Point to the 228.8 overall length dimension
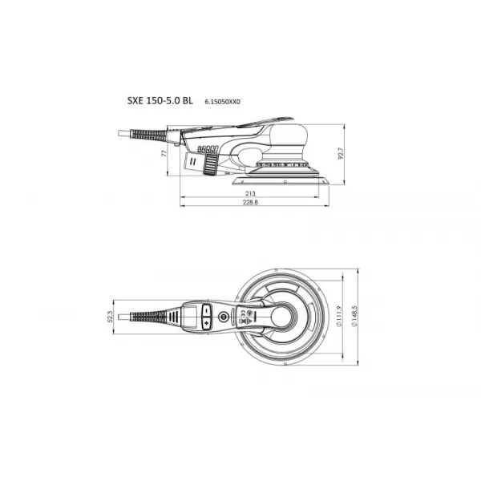click(x=250, y=204)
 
